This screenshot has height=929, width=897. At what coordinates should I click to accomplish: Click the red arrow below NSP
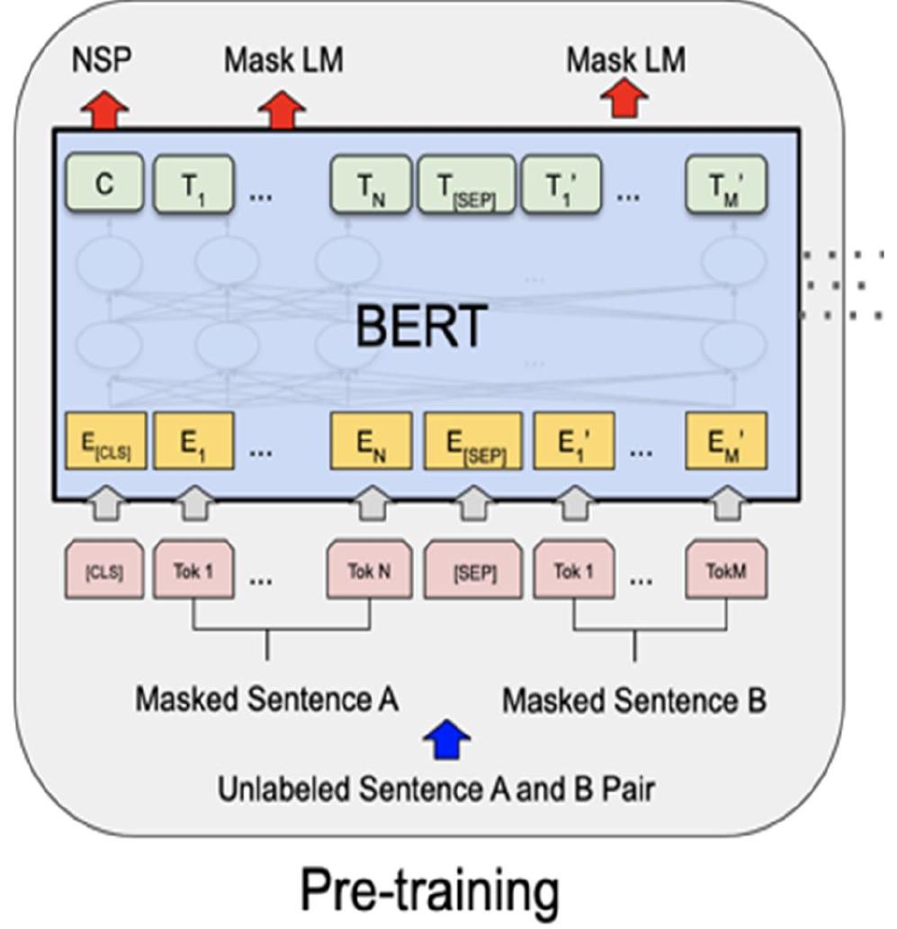pyautogui.click(x=105, y=112)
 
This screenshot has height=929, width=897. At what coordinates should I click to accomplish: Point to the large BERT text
pyautogui.click(x=421, y=326)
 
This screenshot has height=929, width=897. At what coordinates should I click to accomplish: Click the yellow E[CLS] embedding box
pyautogui.click(x=105, y=442)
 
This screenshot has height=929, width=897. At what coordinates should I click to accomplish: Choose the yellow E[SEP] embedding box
pyautogui.click(x=471, y=442)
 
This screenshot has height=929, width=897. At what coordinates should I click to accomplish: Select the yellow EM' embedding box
pyautogui.click(x=727, y=442)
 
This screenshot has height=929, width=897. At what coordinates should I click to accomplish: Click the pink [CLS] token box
pyautogui.click(x=105, y=570)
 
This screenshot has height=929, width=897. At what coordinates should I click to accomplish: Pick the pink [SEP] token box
pyautogui.click(x=471, y=570)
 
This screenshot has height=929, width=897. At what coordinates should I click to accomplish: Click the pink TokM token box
pyautogui.click(x=727, y=570)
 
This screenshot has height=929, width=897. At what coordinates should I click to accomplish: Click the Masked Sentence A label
pyautogui.click(x=266, y=699)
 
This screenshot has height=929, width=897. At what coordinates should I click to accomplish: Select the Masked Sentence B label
pyautogui.click(x=634, y=699)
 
